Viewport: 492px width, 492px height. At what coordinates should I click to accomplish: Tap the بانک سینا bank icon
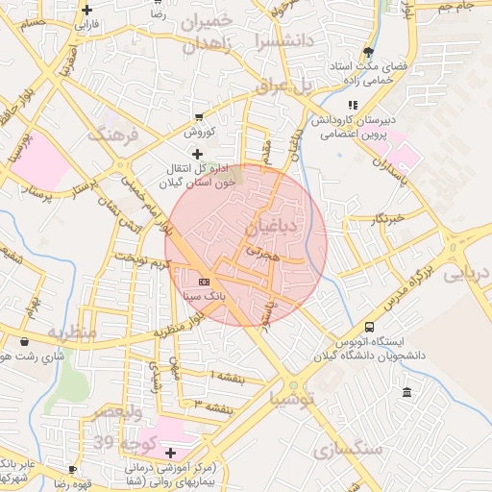click(203, 282)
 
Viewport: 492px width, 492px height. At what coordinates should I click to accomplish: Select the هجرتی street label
click(260, 251)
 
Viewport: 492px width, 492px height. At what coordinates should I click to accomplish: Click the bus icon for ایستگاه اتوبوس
click(370, 327)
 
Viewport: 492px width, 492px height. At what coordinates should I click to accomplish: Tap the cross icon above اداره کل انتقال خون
click(198, 153)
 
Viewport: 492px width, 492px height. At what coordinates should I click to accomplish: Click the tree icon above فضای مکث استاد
click(368, 52)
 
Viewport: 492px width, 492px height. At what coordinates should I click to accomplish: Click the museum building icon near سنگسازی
click(407, 393)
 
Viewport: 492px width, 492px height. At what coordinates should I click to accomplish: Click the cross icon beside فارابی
click(87, 9)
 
